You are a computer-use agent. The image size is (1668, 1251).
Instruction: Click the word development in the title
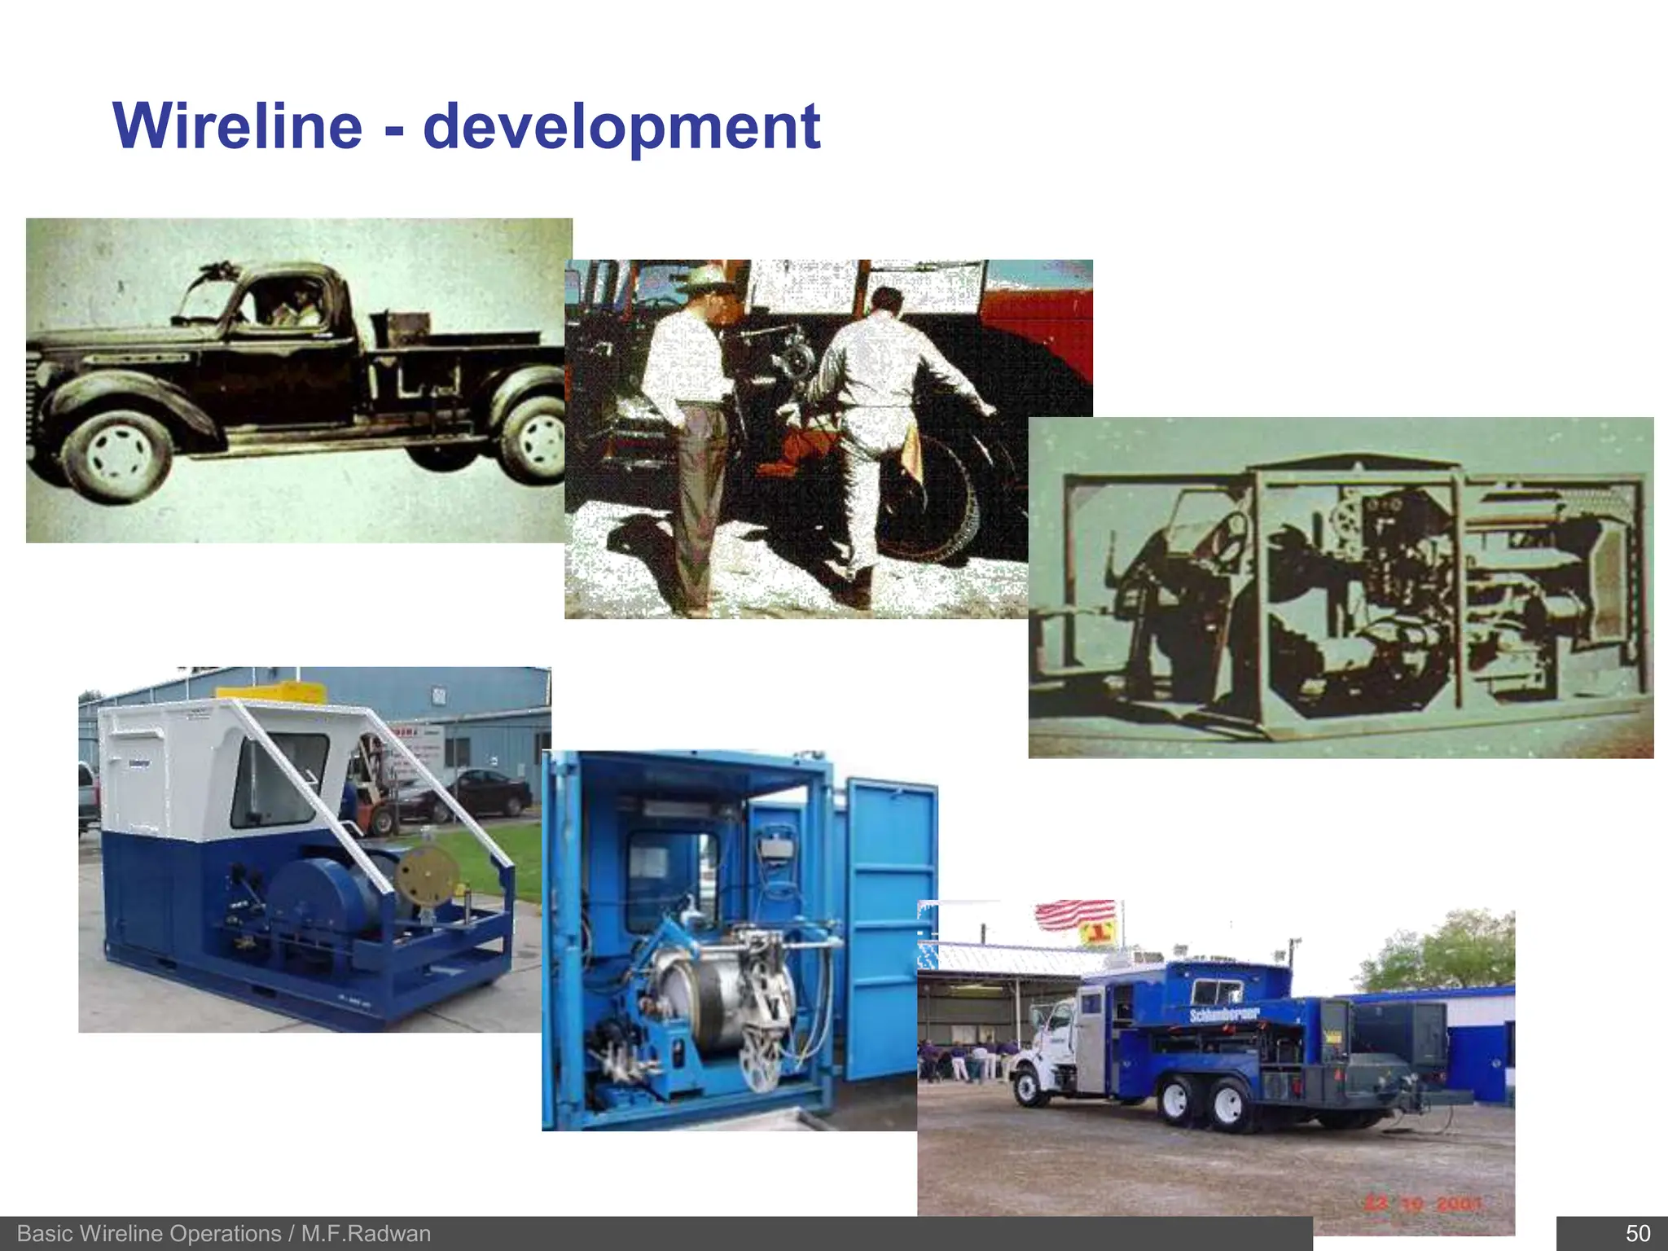tap(621, 128)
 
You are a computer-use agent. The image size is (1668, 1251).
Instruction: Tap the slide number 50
tap(1637, 1233)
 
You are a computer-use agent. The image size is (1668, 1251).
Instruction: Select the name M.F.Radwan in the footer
tap(366, 1233)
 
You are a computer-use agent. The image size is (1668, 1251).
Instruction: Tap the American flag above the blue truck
tap(1074, 914)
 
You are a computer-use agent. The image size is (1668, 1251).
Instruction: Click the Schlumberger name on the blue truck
tap(1223, 1014)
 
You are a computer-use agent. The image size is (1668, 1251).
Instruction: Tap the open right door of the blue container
tap(891, 928)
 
